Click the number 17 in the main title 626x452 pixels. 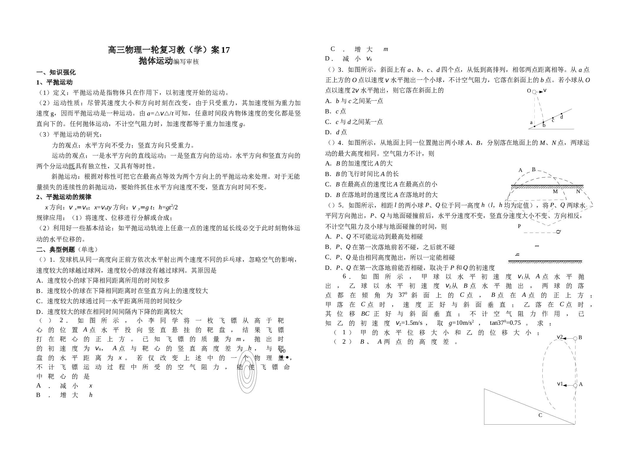(225, 50)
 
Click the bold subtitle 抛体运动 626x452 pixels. (156, 61)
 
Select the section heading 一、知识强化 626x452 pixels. (56, 72)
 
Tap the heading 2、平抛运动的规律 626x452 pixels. (64, 197)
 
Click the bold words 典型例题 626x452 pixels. (62, 250)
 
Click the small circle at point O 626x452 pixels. (534, 92)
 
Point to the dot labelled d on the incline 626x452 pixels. (562, 114)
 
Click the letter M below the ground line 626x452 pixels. (555, 192)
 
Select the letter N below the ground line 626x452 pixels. (578, 192)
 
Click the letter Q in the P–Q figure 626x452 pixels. (558, 232)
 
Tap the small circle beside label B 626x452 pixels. (575, 339)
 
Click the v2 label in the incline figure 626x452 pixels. (560, 337)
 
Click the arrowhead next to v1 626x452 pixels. (565, 385)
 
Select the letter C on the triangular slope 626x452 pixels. (540, 415)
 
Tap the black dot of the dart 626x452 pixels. (287, 357)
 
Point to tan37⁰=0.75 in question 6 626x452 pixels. (505, 323)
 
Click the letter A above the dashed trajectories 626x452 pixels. (520, 170)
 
